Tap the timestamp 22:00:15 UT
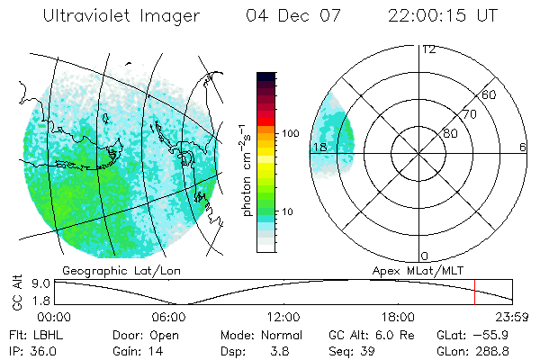pos(444,16)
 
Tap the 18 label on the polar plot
pos(319,147)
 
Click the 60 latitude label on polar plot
pos(489,94)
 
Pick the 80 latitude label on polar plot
pos(450,132)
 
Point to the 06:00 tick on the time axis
pos(169,317)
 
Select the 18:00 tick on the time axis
pos(398,317)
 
